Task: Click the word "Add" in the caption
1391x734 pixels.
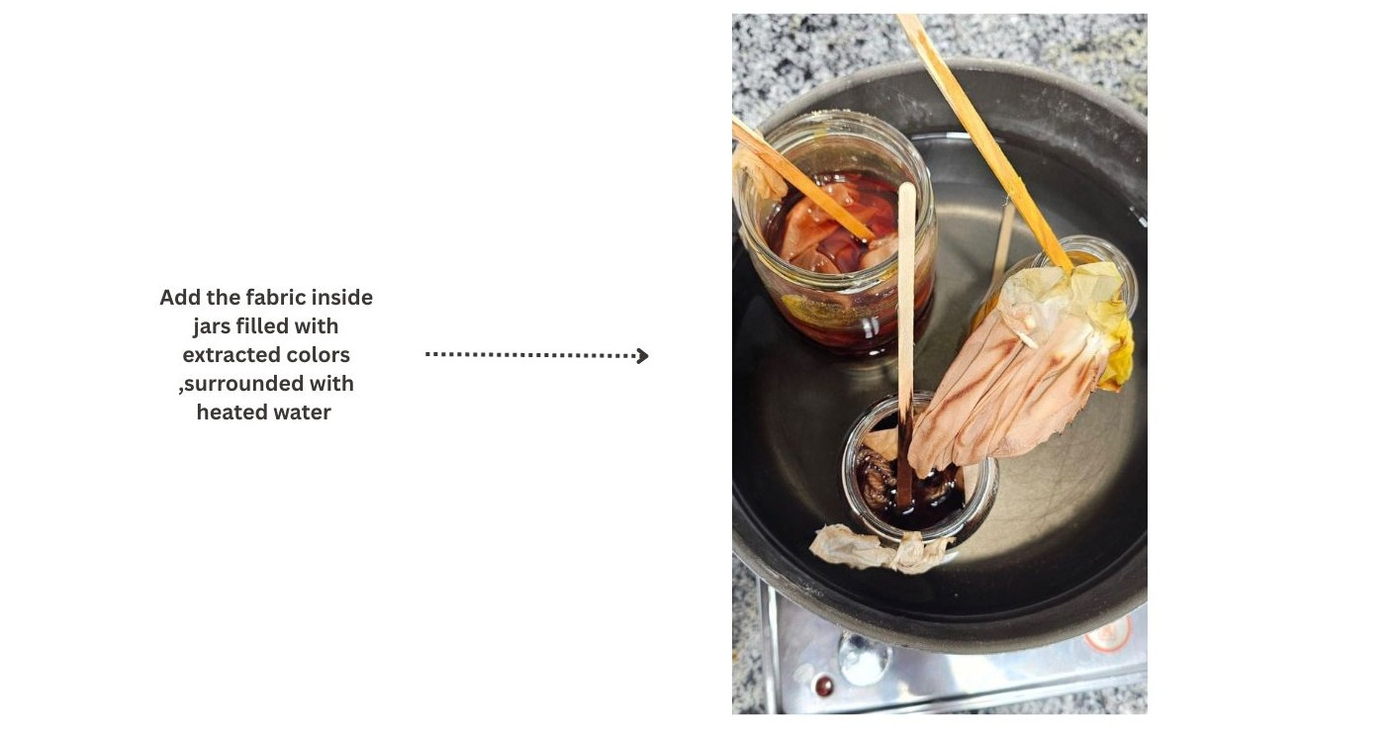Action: coord(181,298)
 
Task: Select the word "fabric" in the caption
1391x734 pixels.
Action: coord(277,298)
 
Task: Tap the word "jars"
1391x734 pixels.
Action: coord(212,326)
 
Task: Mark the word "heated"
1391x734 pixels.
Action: coord(231,413)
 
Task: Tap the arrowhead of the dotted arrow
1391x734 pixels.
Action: coord(643,356)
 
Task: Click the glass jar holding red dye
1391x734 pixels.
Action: coord(835,232)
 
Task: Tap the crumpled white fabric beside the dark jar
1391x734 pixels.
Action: coord(879,548)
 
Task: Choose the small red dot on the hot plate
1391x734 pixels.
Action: coord(823,686)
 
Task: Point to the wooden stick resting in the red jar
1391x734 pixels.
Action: coord(801,180)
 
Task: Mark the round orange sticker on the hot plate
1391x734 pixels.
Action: coord(1109,633)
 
